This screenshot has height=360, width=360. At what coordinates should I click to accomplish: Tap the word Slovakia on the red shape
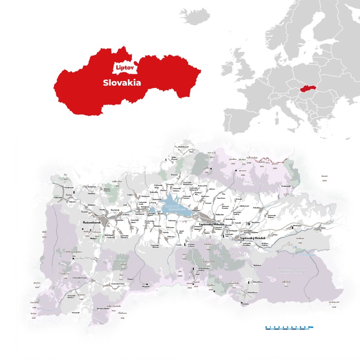tap(121, 83)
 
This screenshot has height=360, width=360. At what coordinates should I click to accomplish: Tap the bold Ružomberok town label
tap(92, 223)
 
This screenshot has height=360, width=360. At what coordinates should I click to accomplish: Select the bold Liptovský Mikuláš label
tap(211, 224)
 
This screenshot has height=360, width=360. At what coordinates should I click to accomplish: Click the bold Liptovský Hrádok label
tap(253, 238)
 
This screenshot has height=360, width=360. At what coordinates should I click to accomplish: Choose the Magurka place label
tap(146, 286)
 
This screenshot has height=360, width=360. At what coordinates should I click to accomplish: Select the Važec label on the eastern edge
tap(323, 228)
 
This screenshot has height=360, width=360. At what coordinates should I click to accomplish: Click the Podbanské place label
tap(286, 186)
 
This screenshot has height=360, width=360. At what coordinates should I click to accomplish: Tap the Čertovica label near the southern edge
tap(245, 304)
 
